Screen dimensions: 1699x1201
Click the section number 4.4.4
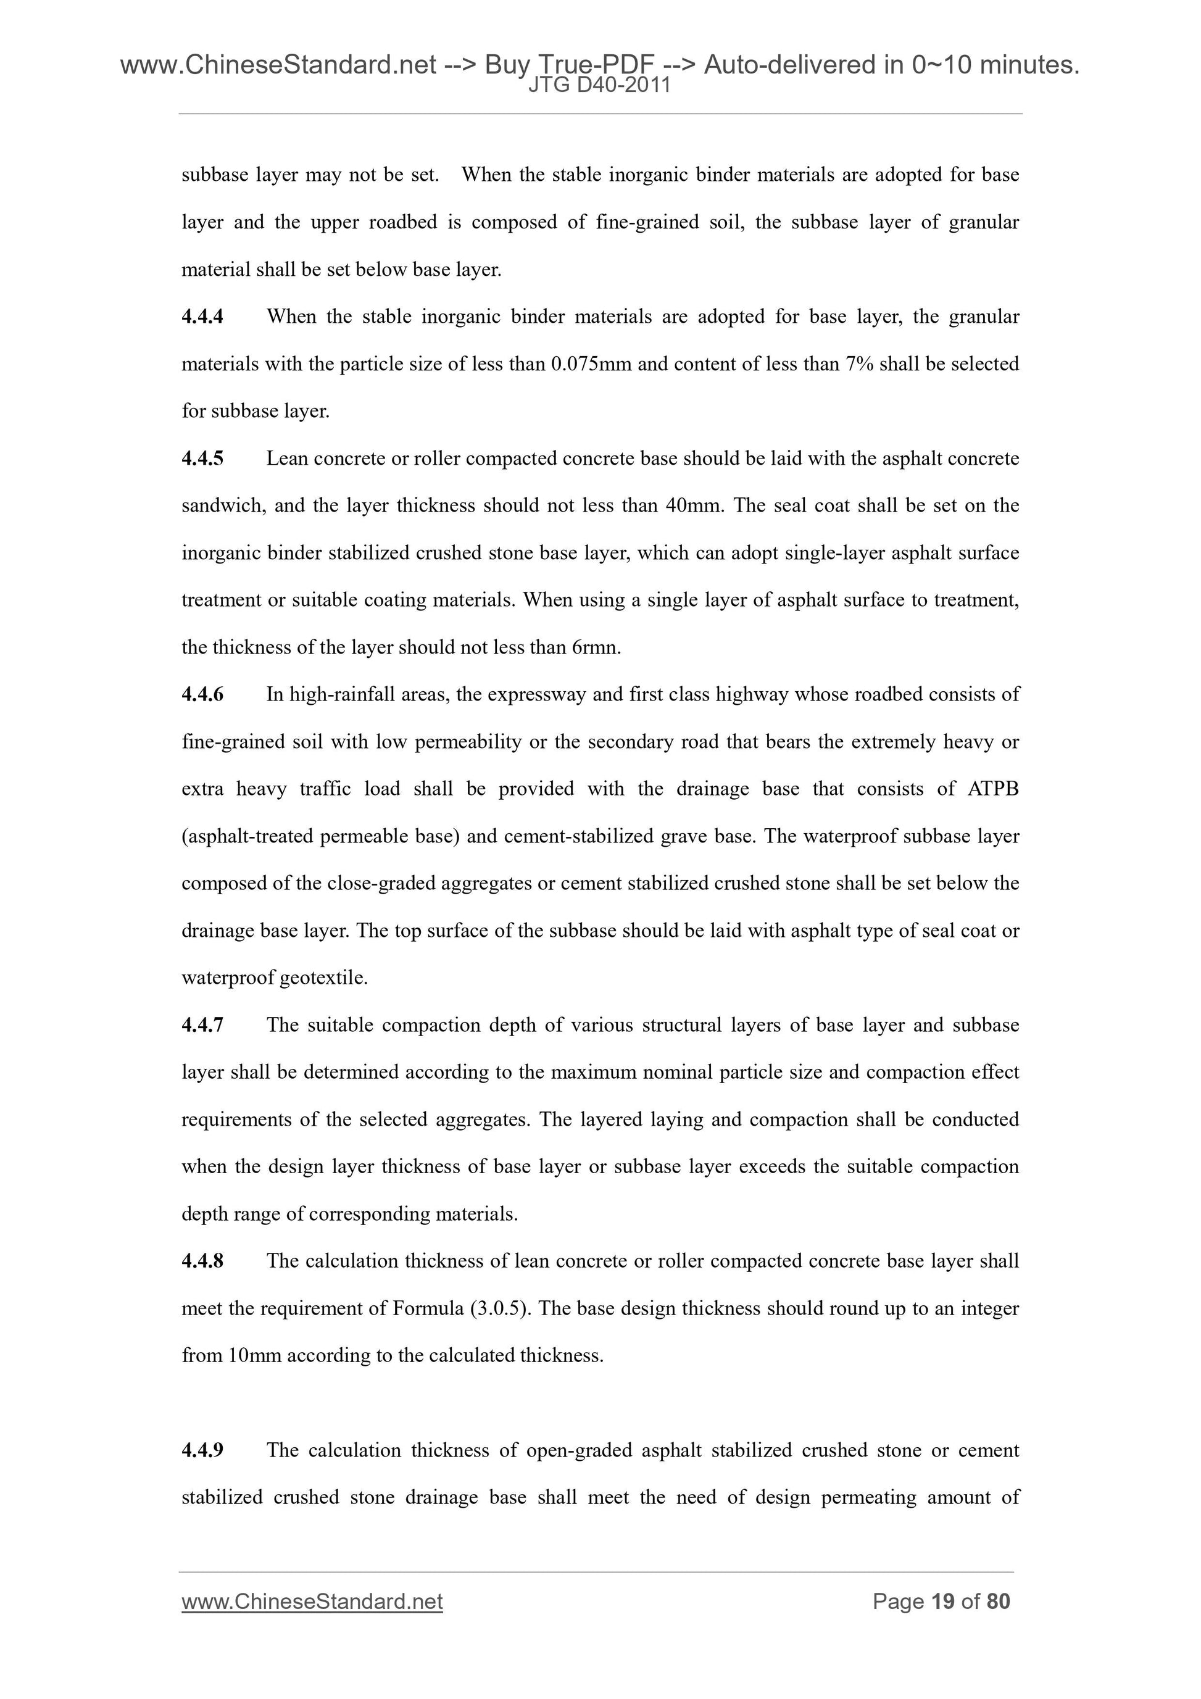pyautogui.click(x=202, y=317)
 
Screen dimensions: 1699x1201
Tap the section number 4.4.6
pyautogui.click(x=202, y=695)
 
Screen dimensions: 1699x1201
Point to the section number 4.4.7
pyautogui.click(x=202, y=1026)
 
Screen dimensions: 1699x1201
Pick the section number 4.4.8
pyautogui.click(x=202, y=1261)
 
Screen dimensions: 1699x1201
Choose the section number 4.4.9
pyautogui.click(x=202, y=1450)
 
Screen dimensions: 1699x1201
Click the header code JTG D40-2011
pyautogui.click(x=599, y=86)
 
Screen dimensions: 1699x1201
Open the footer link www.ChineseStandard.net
pyautogui.click(x=312, y=1602)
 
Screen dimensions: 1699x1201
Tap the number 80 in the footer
pyautogui.click(x=998, y=1602)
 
